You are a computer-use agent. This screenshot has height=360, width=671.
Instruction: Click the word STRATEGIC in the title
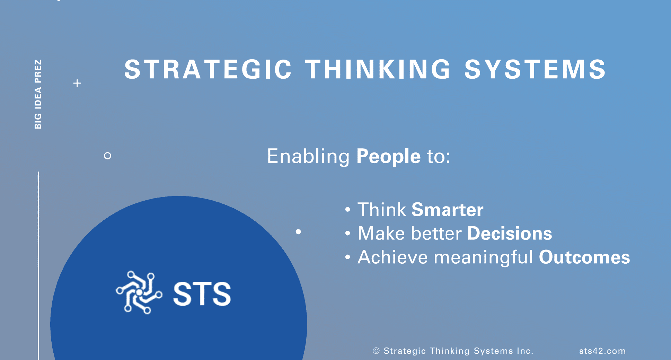click(208, 69)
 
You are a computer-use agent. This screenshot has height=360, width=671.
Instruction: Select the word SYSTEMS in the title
click(535, 69)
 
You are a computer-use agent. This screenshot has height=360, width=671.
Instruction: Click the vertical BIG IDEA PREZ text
click(38, 94)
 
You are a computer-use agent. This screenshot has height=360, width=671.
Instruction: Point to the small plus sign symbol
click(77, 83)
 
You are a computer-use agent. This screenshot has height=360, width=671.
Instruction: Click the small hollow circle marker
click(107, 156)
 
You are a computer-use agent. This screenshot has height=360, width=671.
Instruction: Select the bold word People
click(388, 156)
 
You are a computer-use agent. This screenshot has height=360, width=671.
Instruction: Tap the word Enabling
click(308, 156)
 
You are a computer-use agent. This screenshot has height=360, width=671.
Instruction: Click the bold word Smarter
click(447, 210)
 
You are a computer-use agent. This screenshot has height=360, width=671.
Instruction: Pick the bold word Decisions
click(510, 233)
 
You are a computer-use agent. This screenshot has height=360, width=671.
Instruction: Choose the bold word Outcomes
click(584, 257)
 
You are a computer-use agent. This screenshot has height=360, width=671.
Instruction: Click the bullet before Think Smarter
click(347, 210)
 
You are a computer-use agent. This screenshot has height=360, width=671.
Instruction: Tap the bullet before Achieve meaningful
click(347, 257)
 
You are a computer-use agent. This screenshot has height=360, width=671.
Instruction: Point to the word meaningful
click(483, 257)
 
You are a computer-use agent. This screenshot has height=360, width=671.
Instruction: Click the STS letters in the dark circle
click(202, 294)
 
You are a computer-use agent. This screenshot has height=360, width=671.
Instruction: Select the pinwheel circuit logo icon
click(139, 292)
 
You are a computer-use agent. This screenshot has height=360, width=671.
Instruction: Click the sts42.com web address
click(602, 351)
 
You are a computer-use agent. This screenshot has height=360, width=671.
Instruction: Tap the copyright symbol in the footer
click(376, 351)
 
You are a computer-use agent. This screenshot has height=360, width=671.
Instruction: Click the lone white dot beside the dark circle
click(298, 232)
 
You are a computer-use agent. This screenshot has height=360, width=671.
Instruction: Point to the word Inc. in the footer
click(525, 351)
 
